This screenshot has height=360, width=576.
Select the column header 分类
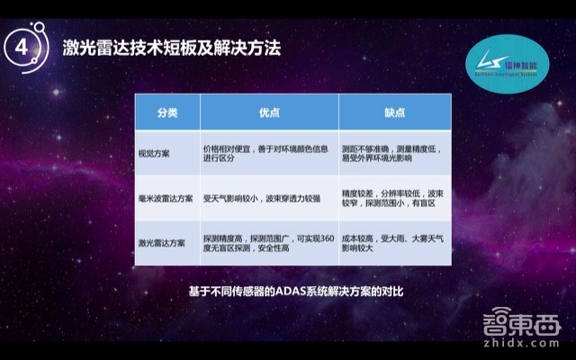pos(167,112)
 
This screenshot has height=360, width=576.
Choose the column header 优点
pos(269,112)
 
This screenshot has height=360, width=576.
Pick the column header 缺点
pos(394,112)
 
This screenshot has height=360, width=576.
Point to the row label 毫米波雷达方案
pos(165,198)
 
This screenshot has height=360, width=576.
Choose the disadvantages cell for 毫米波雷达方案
pos(394,198)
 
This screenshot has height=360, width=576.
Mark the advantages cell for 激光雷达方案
pos(269,243)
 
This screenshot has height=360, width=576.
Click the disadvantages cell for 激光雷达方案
pos(394,243)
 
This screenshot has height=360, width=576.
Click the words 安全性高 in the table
pos(277,250)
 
